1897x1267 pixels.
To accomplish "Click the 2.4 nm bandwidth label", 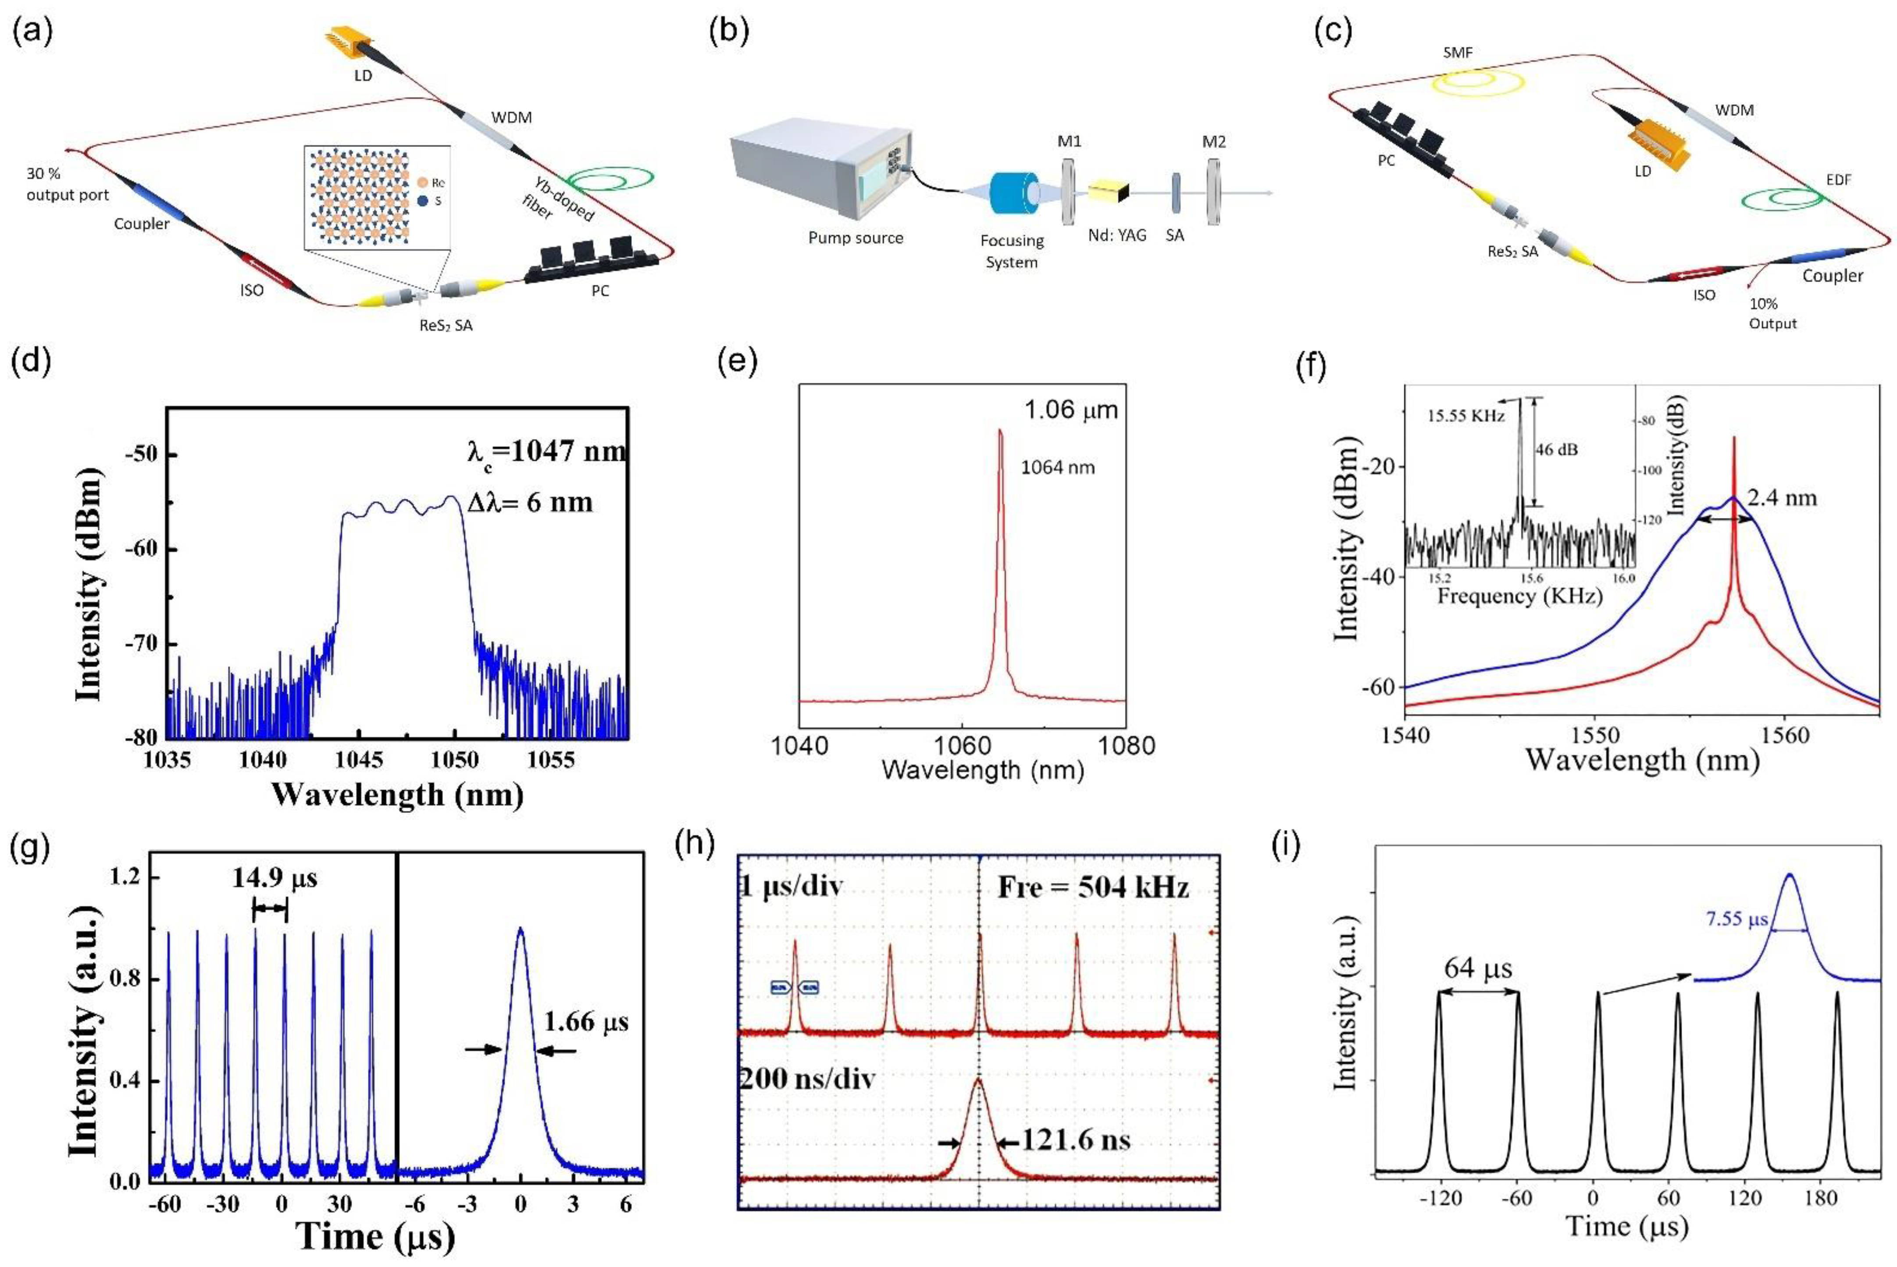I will [x=1782, y=498].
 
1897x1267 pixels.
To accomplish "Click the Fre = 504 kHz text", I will [x=1093, y=888].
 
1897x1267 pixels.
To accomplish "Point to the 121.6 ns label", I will [x=1076, y=1140].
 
